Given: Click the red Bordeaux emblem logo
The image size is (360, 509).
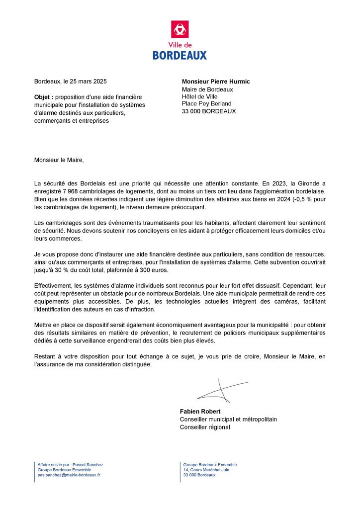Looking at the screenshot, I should (x=180, y=29).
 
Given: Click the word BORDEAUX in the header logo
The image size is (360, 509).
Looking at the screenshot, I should (x=180, y=56).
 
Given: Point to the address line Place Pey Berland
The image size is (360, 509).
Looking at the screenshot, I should (x=206, y=104).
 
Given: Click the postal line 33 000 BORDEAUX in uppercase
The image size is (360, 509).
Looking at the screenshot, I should (x=209, y=111).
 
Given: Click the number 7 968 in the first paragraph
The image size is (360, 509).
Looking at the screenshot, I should (x=75, y=191).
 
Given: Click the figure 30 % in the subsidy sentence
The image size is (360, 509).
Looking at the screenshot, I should (x=64, y=269).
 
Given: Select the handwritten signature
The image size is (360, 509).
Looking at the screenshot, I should (x=221, y=390).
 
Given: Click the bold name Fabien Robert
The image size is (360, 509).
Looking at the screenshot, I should (x=200, y=412).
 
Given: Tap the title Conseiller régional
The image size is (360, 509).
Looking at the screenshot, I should (x=205, y=426).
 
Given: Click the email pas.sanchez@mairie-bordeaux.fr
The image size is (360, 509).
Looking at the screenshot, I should (x=69, y=475).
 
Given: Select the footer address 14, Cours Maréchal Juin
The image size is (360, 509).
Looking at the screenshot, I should (x=206, y=470).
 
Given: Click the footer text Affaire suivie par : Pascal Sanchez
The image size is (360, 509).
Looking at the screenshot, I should (x=70, y=465).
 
